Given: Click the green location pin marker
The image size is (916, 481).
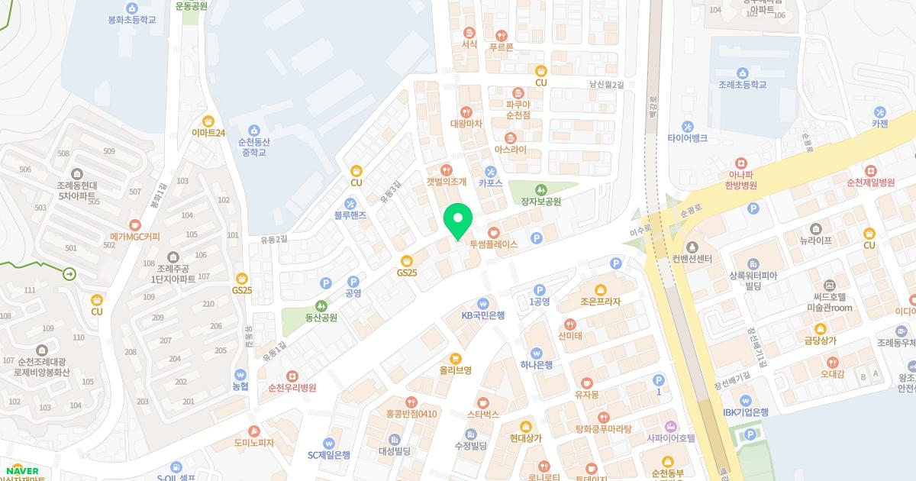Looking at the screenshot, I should pos(458,222).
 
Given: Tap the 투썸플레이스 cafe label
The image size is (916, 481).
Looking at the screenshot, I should pos(493,244).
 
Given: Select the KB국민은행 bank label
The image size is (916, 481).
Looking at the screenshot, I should pos(482,315).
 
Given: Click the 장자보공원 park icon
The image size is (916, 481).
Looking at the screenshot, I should pos(540,189).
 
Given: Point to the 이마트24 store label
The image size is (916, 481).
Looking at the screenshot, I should pos(208,133).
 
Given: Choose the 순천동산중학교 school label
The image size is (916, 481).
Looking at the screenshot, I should pos(253,147).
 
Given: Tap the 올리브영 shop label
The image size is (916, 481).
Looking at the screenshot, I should pos(455,370).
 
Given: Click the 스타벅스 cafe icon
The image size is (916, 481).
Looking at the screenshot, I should pos(482,402).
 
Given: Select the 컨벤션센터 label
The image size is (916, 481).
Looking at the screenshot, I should pos(692,259).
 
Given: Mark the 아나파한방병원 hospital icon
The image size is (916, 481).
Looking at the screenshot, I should pos(740,163).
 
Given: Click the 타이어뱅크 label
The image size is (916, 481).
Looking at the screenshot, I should pos(687,138).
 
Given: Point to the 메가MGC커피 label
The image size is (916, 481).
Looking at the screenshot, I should pos(135,237).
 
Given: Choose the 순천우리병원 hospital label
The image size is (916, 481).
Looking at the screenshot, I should pos(292,387).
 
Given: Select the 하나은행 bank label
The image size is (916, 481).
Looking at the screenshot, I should pos(536,364).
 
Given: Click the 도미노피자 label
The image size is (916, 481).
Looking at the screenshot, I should pos(253,443).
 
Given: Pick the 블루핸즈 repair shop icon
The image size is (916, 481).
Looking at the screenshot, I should pos(350,204).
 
